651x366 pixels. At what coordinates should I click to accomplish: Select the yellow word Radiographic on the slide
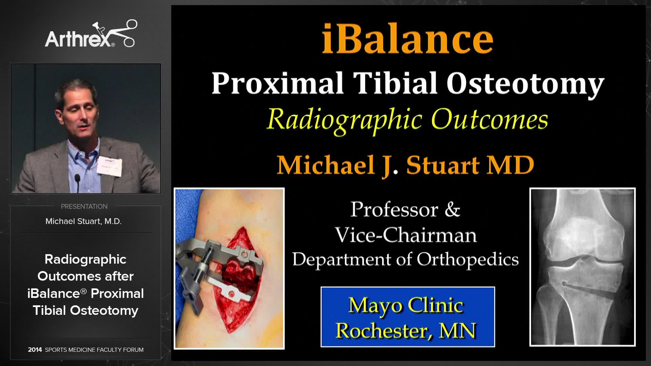tap(344, 120)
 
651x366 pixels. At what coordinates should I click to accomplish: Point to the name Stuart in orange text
tap(443, 165)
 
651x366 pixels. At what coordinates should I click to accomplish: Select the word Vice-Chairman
tap(406, 235)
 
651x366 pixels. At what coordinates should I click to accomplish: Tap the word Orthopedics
tap(468, 260)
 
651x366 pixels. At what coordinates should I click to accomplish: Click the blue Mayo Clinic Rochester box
tap(408, 317)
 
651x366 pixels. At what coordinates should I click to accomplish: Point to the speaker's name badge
tap(109, 165)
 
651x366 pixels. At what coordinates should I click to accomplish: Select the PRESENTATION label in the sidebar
tap(84, 206)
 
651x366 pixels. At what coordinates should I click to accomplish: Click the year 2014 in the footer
tap(35, 350)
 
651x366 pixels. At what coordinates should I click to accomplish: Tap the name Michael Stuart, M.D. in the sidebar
tap(83, 221)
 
